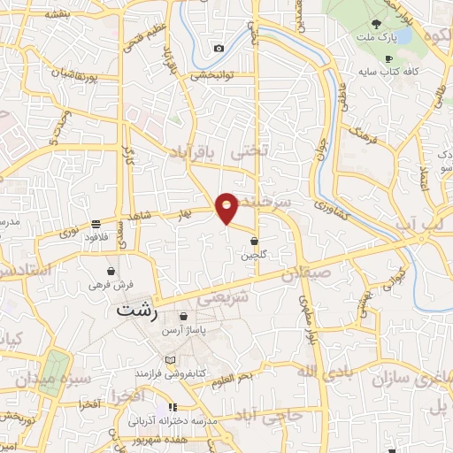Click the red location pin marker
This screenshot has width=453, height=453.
tap(227, 207)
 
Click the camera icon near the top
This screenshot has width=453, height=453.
tap(219, 48)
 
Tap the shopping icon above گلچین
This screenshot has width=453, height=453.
tap(255, 241)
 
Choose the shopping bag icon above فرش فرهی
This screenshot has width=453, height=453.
tap(111, 271)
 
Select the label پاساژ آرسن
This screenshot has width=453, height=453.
tap(183, 329)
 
